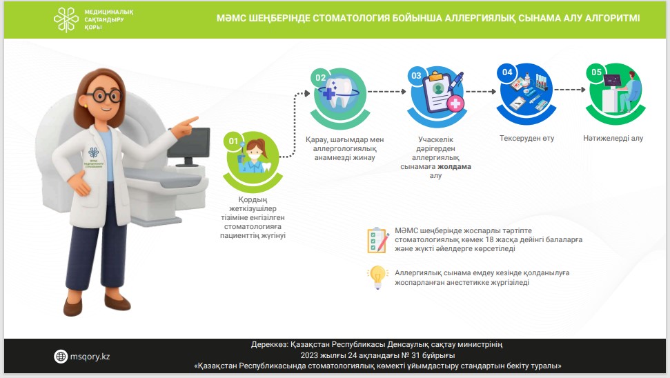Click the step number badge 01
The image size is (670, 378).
click(233, 141)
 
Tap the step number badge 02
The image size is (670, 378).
click(320, 77)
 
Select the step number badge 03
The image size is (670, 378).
click(416, 76)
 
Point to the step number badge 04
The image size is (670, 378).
click(507, 72)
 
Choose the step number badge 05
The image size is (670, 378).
click(596, 72)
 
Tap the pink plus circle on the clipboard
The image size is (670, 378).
click(455, 103)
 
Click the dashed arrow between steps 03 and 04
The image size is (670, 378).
click(481, 92)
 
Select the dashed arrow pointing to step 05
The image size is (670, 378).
click(569, 90)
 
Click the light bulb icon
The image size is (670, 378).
click(377, 277)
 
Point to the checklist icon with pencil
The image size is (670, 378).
click(377, 240)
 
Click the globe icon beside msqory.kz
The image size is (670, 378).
click(61, 356)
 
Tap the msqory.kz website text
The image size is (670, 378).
click(90, 357)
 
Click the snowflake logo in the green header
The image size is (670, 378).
click(66, 19)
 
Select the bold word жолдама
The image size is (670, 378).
click(454, 166)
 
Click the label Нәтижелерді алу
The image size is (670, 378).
click(613, 138)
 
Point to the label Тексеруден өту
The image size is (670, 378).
click(527, 138)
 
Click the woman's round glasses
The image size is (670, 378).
click(104, 95)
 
